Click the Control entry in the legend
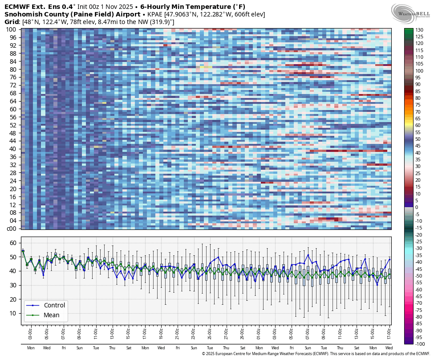point(54,305)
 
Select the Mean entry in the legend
point(52,315)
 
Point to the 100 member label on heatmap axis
point(11,29)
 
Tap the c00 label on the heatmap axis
point(11,229)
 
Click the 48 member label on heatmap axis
point(12,133)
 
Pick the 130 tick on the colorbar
point(420,30)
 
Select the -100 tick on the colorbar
point(421,344)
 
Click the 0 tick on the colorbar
point(417,207)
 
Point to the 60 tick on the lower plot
point(13,243)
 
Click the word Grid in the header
point(12,22)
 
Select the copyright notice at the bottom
point(316,354)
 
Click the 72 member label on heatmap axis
point(12,85)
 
